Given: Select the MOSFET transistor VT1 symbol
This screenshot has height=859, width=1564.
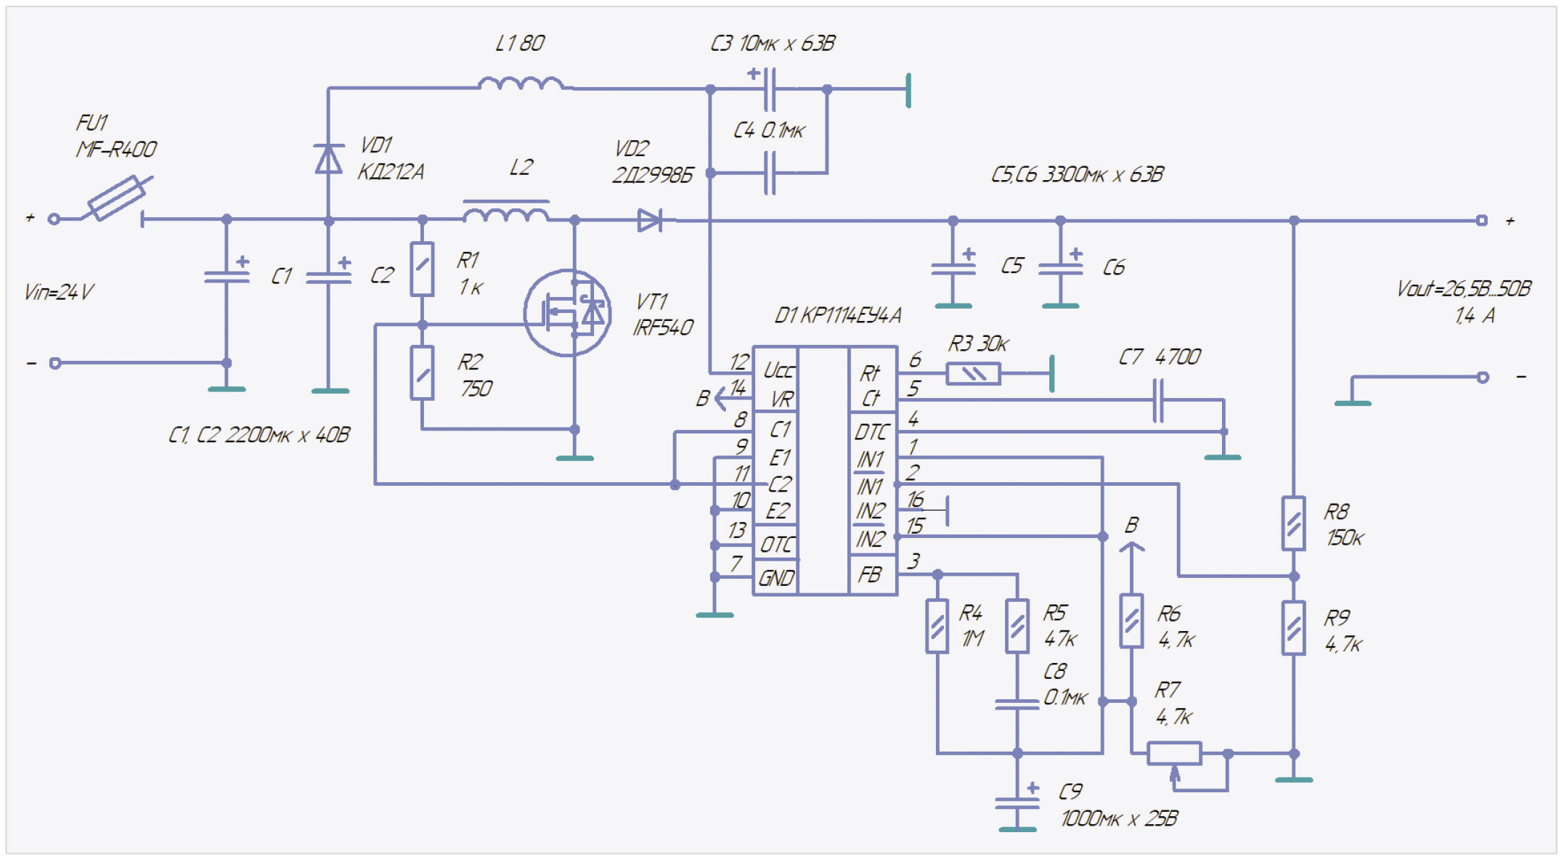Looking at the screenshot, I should click(x=568, y=313).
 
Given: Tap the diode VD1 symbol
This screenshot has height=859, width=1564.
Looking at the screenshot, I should click(x=328, y=159).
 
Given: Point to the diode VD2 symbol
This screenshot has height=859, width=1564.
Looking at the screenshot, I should click(x=649, y=220).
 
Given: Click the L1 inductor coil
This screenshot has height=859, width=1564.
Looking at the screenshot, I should click(x=521, y=84).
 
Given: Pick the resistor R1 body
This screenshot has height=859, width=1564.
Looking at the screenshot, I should click(x=422, y=269).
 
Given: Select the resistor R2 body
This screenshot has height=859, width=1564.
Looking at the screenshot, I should click(x=422, y=373).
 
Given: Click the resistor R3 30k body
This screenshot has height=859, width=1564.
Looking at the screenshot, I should click(x=973, y=374).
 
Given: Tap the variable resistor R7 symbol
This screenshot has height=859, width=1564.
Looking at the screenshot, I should click(x=1174, y=754).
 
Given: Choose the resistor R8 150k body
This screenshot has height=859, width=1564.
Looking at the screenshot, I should click(x=1293, y=524).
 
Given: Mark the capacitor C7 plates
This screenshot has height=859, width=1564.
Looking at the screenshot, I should click(x=1158, y=400).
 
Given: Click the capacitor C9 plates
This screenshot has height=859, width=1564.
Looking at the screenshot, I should click(x=1017, y=804).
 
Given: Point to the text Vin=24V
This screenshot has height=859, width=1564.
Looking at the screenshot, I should click(x=59, y=292).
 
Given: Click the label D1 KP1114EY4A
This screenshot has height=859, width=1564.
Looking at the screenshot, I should click(x=838, y=315).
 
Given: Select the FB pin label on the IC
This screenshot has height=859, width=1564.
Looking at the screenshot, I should click(x=870, y=575).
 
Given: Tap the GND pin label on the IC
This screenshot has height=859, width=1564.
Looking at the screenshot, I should click(x=776, y=578).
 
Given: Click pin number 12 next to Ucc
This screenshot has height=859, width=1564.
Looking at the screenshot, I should click(x=739, y=361).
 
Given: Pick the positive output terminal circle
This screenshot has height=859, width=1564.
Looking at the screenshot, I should click(x=1482, y=220).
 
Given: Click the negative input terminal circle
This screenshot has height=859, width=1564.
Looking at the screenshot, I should click(x=55, y=363).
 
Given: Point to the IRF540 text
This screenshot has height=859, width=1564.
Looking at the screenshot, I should click(x=663, y=327).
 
